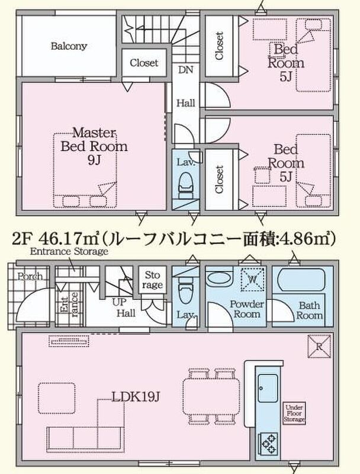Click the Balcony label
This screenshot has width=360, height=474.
click(x=69, y=46)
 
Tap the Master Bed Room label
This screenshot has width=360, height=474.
click(x=94, y=146)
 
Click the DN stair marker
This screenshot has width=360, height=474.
click(x=185, y=70)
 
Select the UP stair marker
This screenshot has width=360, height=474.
click(x=120, y=302)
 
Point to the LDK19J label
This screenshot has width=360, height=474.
click(x=136, y=397)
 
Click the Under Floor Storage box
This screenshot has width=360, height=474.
click(x=294, y=413)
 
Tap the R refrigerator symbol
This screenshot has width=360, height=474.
click(x=319, y=347)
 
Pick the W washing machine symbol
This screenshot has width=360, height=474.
click(x=252, y=280)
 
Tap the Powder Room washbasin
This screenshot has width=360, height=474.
click(x=218, y=277)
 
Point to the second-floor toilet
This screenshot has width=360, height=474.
click(x=185, y=185)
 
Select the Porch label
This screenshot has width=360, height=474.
click(x=30, y=276)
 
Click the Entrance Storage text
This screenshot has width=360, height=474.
click(x=69, y=251)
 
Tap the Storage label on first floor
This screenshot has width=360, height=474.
click(x=153, y=280)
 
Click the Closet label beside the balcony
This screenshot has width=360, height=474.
click(x=144, y=63)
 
